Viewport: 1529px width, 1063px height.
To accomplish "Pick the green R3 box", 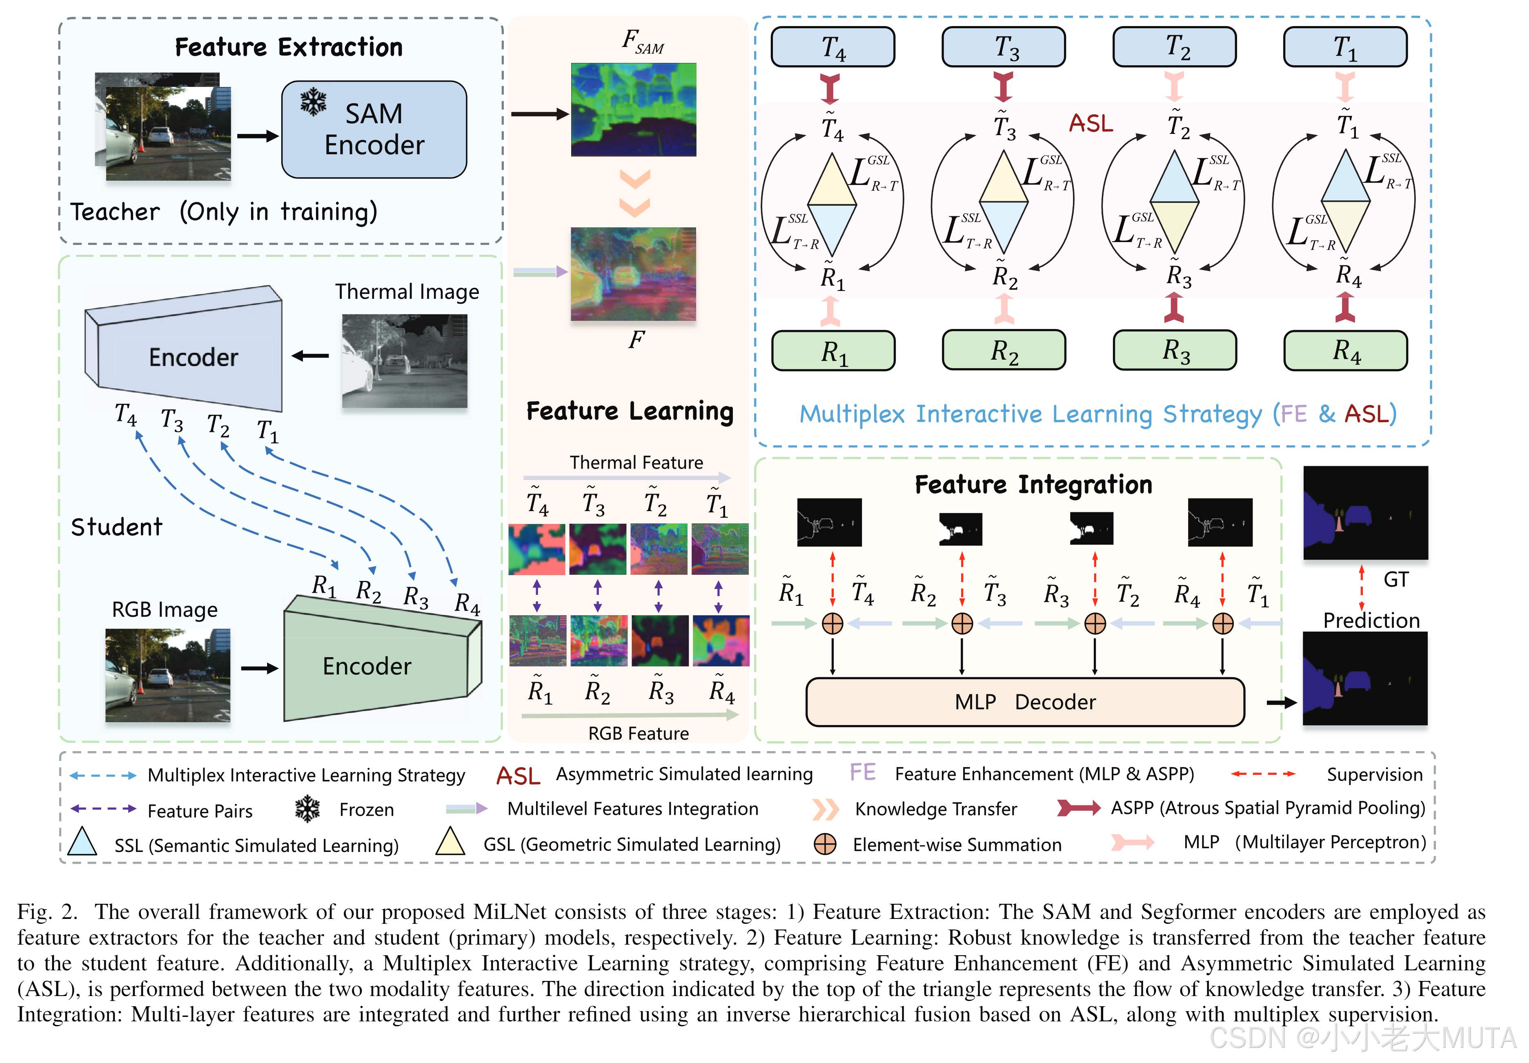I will (1174, 350).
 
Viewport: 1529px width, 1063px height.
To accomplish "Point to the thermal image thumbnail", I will (404, 360).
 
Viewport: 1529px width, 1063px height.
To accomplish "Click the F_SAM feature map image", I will (633, 110).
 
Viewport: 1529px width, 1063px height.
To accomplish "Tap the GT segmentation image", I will (1365, 512).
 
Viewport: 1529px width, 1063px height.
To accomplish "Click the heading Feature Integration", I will (1033, 484).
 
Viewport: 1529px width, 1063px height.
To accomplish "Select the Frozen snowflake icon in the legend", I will (307, 809).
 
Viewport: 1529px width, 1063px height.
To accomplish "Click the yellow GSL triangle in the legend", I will (450, 843).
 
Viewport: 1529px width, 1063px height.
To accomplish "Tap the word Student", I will (116, 527).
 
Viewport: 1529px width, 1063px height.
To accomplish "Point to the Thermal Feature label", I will (636, 462).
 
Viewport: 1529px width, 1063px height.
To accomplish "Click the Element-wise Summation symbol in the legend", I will (825, 844).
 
